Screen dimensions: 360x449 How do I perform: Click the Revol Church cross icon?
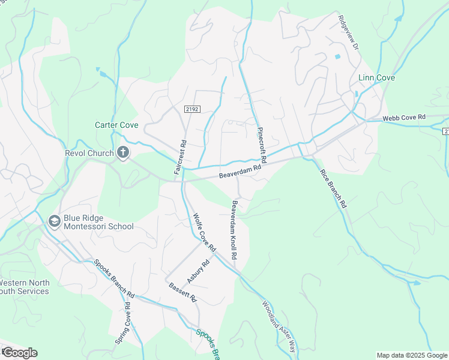pos(123,153)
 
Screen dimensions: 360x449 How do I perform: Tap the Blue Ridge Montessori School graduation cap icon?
pos(55,222)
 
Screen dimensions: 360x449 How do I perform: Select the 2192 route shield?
pos(192,109)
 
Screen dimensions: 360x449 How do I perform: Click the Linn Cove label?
pos(376,78)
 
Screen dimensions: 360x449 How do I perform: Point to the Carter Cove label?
pos(116,125)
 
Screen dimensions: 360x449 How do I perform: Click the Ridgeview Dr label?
pos(348,32)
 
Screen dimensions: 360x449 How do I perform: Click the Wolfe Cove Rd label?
pos(203,231)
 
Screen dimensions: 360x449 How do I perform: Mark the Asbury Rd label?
pos(197,272)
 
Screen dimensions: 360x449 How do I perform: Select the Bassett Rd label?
pos(182,292)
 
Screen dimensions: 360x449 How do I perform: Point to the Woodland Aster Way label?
pos(279,326)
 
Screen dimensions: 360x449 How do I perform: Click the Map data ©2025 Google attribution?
pos(412,355)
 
